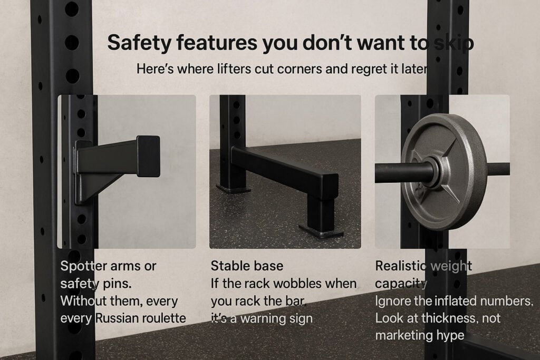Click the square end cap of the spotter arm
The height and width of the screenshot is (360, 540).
point(148,155)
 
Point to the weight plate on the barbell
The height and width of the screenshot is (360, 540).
point(443,171)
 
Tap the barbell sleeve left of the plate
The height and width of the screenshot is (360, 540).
point(396,172)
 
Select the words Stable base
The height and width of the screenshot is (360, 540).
point(247,266)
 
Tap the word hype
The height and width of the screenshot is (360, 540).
point(447,336)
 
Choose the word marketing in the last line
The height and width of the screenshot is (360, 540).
point(401,336)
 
